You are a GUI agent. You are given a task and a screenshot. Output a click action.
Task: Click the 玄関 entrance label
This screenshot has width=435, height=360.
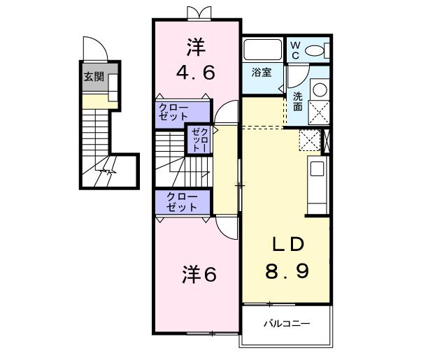(94, 77)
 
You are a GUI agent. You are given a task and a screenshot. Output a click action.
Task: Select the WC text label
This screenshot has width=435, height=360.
(294, 49)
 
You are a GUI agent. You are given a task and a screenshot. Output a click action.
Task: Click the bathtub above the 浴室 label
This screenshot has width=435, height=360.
(262, 50)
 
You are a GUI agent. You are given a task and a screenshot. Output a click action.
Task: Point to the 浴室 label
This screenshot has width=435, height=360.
(262, 71)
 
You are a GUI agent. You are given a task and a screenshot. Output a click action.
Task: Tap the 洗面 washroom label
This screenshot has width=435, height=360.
(298, 101)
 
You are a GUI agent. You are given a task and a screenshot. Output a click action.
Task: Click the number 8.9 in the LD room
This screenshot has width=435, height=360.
(286, 269)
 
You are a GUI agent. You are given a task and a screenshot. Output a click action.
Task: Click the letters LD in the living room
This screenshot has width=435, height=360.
(287, 244)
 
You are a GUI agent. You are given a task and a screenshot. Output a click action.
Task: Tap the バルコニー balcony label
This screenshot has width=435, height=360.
(286, 324)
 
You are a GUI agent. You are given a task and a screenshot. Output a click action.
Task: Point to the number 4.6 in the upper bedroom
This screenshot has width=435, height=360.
(196, 72)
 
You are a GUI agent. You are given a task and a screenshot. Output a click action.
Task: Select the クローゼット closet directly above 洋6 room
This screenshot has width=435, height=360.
(181, 203)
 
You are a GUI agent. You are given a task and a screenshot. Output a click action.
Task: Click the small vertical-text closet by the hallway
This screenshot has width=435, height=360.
(199, 139)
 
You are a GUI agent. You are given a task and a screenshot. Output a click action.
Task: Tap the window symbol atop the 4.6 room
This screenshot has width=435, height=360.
(198, 12)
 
